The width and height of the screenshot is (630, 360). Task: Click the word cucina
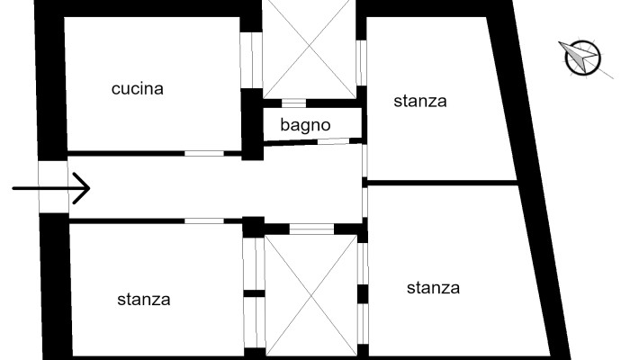coord(138,89)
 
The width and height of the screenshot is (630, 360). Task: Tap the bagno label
coord(305,125)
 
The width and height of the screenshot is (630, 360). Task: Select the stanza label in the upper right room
coord(419,101)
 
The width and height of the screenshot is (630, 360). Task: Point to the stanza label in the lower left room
coord(143,300)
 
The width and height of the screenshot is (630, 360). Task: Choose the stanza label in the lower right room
coord(433,288)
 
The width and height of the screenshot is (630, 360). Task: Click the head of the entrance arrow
coord(83,189)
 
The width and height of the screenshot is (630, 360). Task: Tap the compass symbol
coord(581,58)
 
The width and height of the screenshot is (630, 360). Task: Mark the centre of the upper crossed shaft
coord(310,45)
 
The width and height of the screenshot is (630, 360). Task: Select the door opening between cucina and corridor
coord(203,153)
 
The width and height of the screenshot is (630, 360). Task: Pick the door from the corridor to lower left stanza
coord(203,220)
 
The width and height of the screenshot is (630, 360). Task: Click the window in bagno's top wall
coord(295,103)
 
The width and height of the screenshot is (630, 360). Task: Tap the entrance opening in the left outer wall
coord(52,187)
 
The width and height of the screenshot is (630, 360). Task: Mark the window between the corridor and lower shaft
coord(311,229)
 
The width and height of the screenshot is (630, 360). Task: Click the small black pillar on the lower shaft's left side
coord(255,293)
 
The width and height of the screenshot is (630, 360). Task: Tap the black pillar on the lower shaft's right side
coord(364,294)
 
